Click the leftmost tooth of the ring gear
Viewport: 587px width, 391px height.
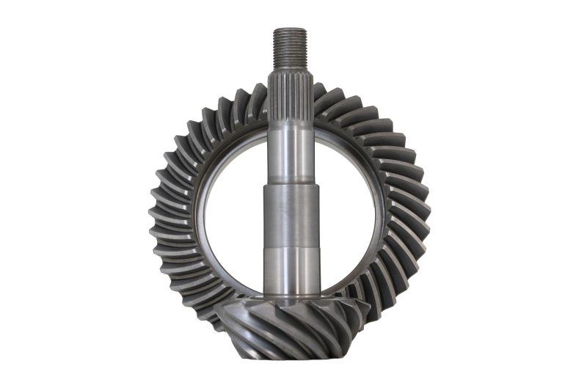(x=156, y=213)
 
